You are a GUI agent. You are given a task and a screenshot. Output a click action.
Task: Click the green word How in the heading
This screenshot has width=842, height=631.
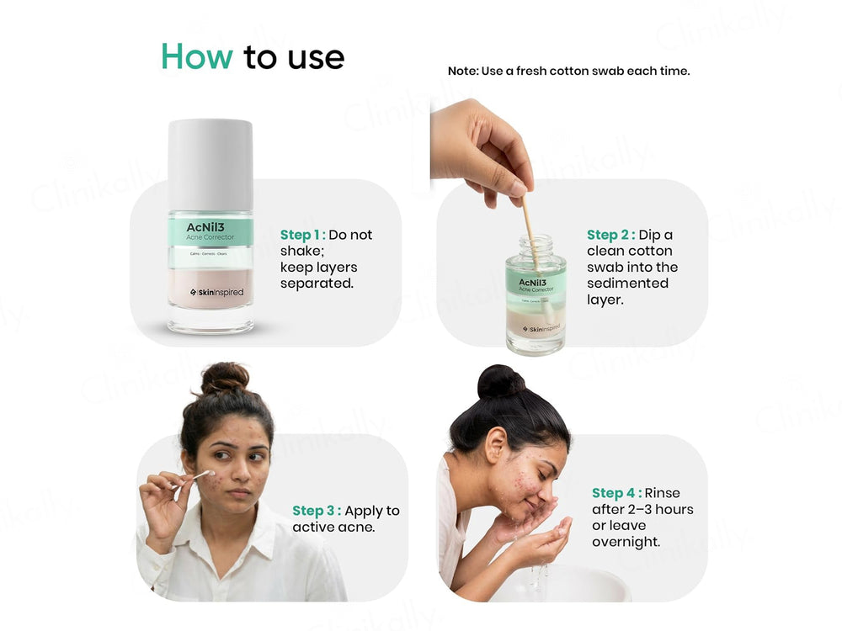pos(196,56)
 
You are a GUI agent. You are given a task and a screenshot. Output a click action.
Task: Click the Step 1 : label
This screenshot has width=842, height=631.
pos(302,235)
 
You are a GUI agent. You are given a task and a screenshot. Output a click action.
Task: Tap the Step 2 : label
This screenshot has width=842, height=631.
pos(610,235)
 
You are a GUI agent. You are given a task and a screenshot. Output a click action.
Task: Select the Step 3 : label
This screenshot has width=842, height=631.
pos(316,511)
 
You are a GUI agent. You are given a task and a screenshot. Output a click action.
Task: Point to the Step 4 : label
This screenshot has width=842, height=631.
pos(616,493)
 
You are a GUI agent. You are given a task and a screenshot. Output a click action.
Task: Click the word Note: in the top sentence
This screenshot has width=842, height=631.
pos(462,72)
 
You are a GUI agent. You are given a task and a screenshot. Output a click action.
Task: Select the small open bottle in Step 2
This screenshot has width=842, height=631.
pos(536,299)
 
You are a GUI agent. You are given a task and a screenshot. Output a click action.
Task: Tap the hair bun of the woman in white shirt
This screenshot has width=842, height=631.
pos(224,378)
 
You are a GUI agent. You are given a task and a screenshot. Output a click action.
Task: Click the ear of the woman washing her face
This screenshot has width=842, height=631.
pos(494,443)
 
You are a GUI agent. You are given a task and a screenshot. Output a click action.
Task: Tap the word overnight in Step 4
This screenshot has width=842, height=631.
pos(626,542)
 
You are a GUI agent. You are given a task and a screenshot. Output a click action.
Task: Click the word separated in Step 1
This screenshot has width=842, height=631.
pos(317,284)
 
